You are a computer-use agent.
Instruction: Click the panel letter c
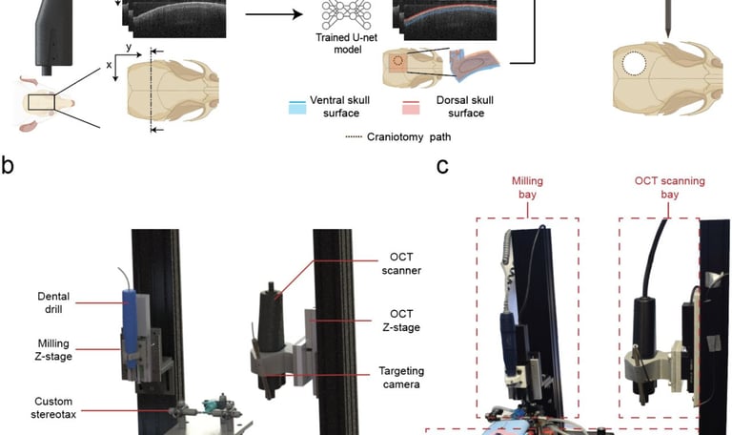click(x=442, y=167)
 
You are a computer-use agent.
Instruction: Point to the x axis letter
click(x=108, y=64)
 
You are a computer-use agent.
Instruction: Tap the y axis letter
click(x=127, y=46)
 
